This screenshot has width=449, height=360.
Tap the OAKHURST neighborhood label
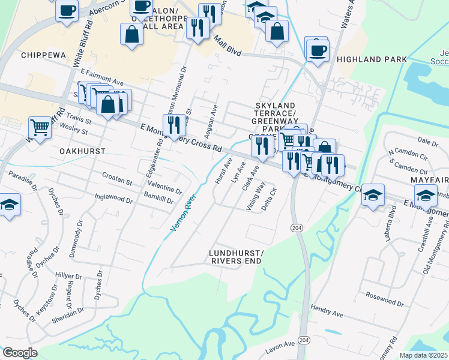point(82,151)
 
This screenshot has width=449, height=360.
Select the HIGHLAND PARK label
point(372,59)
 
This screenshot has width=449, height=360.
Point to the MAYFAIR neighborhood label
point(429,180)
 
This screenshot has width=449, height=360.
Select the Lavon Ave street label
point(281,344)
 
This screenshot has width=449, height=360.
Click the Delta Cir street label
point(268,200)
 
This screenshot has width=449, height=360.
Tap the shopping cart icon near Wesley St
point(40,127)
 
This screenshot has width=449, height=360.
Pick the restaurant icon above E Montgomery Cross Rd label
point(173,125)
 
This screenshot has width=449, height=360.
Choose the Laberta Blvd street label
point(393,221)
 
